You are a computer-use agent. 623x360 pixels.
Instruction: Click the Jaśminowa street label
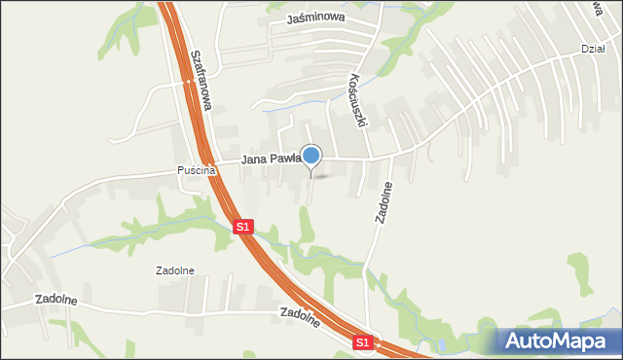tap(316, 18)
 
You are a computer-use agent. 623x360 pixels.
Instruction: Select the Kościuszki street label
tap(359, 103)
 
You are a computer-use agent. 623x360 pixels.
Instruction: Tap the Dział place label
tap(593, 49)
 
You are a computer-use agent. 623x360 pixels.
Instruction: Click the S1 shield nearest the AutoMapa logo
tap(362, 342)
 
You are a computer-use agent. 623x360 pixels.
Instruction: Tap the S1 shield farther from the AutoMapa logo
tap(243, 227)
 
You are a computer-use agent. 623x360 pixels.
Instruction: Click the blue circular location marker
tap(311, 154)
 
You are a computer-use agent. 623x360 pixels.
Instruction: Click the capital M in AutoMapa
tap(563, 341)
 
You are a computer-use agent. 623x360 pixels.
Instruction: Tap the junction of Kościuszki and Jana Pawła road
tap(368, 158)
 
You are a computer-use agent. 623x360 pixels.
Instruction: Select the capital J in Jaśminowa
tap(291, 18)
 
